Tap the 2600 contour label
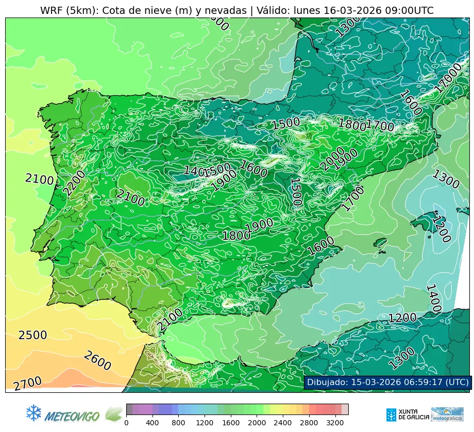click(97, 360)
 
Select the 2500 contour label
click(32, 335)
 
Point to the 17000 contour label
click(448, 77)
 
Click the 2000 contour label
click(332, 158)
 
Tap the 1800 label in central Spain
click(236, 236)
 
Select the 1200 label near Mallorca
click(441, 229)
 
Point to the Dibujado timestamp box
click(387, 382)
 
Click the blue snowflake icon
click(33, 412)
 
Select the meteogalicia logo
click(447, 414)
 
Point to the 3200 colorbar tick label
click(335, 423)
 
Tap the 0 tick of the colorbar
click(126, 423)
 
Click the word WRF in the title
click(51, 10)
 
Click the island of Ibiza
click(380, 242)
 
